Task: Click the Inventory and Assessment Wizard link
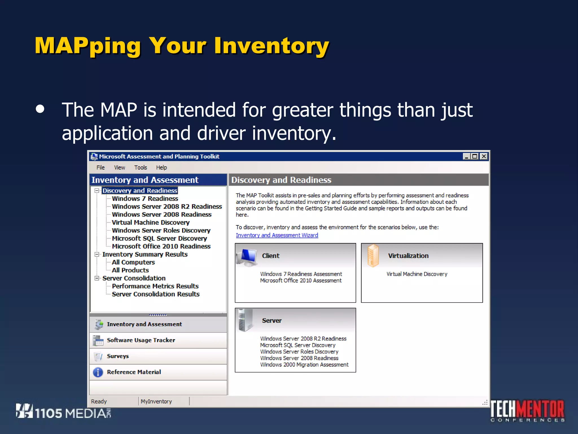277,235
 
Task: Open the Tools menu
140,168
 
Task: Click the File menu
100,168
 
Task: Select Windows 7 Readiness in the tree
145,199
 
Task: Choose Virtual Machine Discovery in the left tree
150,222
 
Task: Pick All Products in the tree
130,270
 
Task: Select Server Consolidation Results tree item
156,294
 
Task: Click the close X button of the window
484,156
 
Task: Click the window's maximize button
475,156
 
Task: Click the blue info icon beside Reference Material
98,372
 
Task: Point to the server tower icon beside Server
243,320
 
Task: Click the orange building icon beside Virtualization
373,255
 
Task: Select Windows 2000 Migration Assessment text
304,364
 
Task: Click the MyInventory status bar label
156,401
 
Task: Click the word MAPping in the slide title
87,46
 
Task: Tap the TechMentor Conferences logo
527,411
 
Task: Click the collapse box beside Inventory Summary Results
97,254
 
